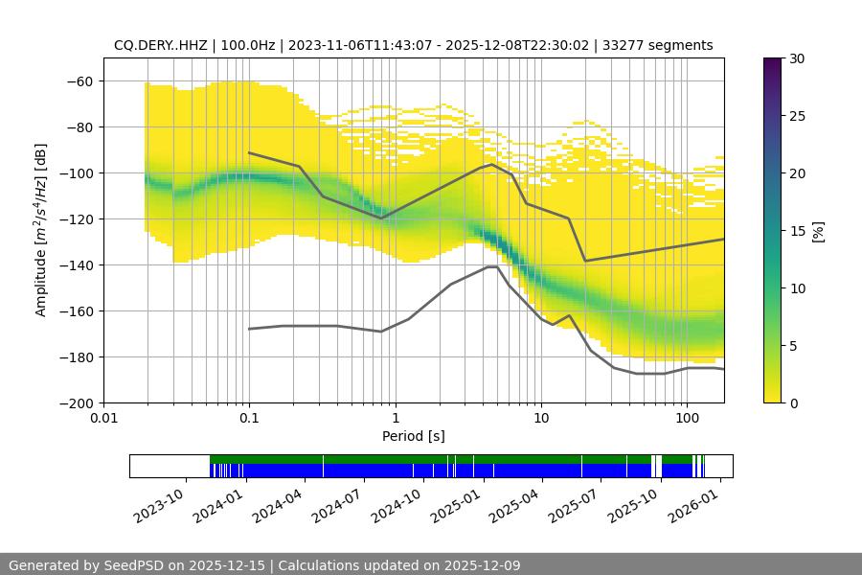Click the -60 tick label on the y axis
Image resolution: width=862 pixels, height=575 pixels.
click(79, 80)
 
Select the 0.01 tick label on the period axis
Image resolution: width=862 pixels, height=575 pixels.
click(103, 418)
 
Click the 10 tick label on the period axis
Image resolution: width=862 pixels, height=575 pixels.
click(541, 418)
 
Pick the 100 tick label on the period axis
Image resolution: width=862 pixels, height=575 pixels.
click(687, 418)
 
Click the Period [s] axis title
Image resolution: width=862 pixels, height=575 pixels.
click(414, 436)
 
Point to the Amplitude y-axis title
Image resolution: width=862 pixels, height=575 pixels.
click(40, 230)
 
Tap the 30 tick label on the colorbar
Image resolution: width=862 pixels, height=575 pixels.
click(797, 58)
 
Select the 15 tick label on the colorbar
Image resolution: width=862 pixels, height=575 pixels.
click(797, 231)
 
